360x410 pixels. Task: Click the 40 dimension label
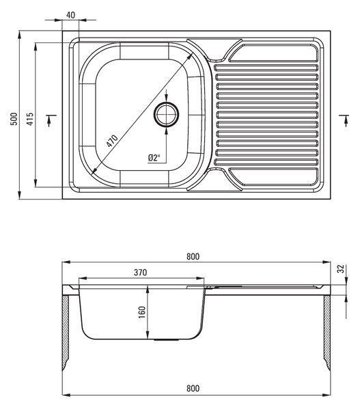(x=70, y=15)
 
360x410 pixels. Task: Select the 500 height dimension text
(x=14, y=119)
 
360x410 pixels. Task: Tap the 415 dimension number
(x=30, y=119)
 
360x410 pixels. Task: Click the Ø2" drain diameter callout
(x=154, y=158)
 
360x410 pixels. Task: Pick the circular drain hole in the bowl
(x=166, y=115)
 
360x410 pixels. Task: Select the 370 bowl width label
(x=141, y=273)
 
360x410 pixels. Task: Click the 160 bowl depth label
(x=141, y=312)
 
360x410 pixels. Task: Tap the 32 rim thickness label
(x=341, y=269)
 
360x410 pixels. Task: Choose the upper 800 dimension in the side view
(x=193, y=257)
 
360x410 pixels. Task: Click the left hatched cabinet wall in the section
(x=66, y=333)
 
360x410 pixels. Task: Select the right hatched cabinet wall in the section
(x=327, y=333)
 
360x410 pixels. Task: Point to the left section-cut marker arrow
(x=49, y=121)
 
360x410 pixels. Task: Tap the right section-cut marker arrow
(x=346, y=121)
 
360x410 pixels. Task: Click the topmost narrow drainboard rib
(x=266, y=68)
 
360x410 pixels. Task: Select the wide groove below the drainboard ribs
(x=273, y=177)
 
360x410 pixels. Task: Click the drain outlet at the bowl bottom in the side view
(x=166, y=340)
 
